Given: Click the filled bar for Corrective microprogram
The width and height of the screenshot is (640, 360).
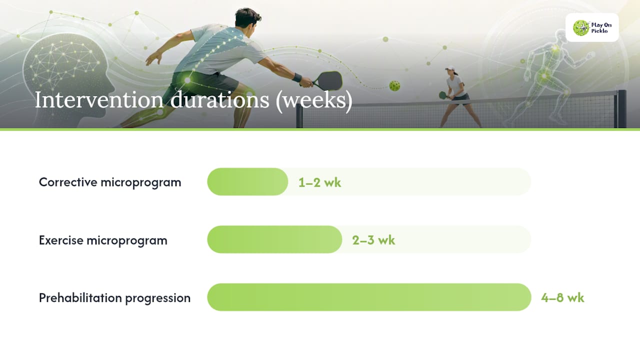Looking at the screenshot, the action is point(247,181).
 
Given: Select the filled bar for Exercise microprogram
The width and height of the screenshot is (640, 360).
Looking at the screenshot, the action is point(274,239).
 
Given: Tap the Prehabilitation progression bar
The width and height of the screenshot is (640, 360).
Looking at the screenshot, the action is point(369,297).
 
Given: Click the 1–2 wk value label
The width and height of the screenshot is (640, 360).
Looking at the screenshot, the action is point(319,182).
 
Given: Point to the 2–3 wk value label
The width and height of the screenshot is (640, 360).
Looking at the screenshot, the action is point(373,240).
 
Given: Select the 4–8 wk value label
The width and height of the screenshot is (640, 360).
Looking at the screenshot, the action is point(562,298).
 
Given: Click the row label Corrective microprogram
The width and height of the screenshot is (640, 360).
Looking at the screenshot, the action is point(110,182).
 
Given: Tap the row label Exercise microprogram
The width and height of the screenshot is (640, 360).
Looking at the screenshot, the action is point(103,240).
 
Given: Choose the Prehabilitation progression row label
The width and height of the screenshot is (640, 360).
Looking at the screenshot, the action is point(114,298).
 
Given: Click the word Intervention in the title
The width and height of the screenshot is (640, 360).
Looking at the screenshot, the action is point(99,100).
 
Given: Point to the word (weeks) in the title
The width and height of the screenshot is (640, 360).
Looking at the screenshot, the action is point(313,101).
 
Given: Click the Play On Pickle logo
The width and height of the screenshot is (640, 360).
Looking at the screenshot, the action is point(592,27).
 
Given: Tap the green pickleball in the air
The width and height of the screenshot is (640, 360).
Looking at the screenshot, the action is point(394,85).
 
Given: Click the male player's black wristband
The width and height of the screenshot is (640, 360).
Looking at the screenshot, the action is point(297,77).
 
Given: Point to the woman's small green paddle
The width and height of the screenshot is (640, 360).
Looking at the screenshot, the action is point(443,95).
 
